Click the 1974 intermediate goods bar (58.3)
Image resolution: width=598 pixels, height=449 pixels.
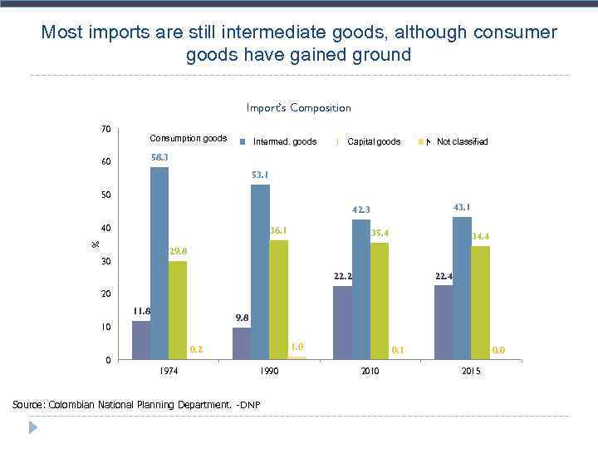[159, 263]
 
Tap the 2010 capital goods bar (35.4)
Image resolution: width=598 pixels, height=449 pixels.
[379, 301]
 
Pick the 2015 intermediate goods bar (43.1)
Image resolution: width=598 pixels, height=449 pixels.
[462, 288]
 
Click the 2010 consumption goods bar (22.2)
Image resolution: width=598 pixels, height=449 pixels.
[342, 323]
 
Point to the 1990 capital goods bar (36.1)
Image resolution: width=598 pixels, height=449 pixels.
[278, 299]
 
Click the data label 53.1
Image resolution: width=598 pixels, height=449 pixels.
[260, 175]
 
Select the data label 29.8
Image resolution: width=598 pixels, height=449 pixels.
[178, 250]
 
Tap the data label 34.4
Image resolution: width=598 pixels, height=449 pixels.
[480, 236]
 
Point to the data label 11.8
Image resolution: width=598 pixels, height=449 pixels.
[141, 311]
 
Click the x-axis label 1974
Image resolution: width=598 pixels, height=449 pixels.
[169, 371]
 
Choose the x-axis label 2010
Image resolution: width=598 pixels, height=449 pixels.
[370, 371]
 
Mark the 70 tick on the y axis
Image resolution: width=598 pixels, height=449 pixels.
[105, 129]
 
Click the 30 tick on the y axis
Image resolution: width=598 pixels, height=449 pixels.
[105, 262]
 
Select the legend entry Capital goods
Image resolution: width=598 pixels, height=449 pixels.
[374, 141]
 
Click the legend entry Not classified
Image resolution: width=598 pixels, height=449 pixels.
[462, 141]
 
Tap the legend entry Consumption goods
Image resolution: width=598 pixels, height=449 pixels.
[188, 138]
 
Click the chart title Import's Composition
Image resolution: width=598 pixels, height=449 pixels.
[298, 107]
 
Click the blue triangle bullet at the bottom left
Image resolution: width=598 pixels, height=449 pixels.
[33, 427]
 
